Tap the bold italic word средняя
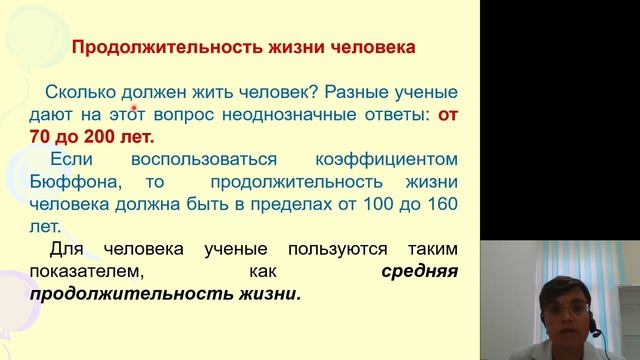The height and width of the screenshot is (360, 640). pyautogui.click(x=420, y=272)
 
